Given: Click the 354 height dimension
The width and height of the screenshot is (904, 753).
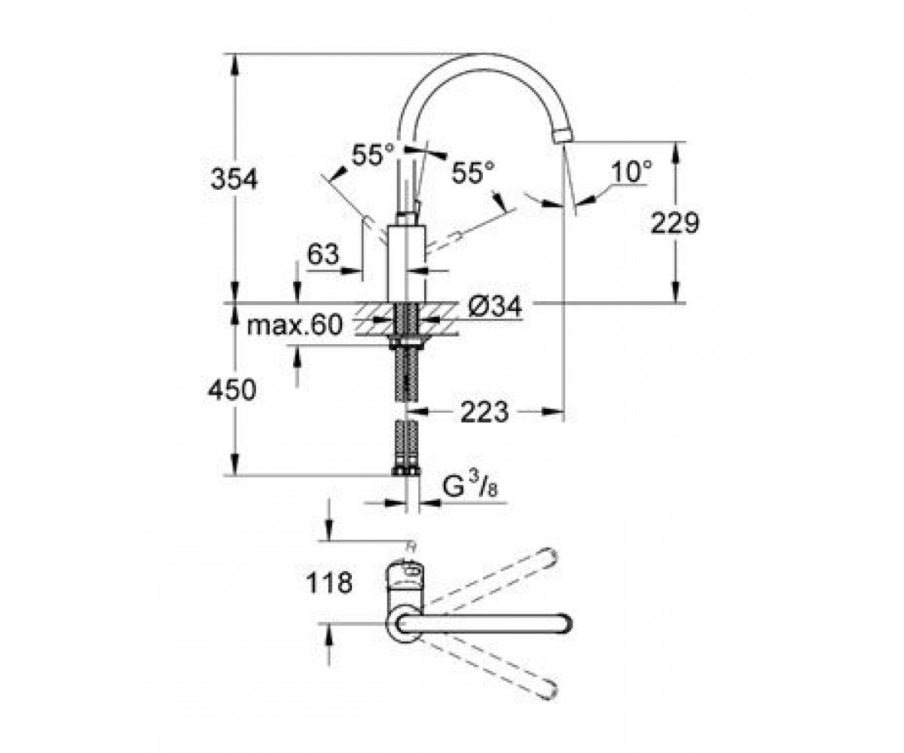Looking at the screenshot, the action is click(x=234, y=179).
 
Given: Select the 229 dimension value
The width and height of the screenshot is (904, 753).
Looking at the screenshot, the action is click(x=675, y=224).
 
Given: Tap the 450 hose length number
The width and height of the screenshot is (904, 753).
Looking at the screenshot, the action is click(x=233, y=390).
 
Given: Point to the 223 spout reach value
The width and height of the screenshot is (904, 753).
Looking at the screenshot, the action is click(x=484, y=412).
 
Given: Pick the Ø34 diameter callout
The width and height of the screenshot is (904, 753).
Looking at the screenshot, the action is click(x=495, y=307).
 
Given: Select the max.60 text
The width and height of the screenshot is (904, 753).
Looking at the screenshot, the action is click(x=295, y=325).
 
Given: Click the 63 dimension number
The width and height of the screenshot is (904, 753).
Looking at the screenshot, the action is click(x=323, y=254).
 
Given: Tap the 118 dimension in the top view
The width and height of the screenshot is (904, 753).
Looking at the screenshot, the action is click(x=329, y=583).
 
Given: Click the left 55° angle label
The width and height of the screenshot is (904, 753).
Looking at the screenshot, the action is click(x=373, y=155).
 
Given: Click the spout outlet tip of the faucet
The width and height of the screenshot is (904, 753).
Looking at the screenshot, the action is click(x=563, y=135).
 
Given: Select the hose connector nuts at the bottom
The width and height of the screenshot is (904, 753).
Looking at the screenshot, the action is click(x=406, y=471).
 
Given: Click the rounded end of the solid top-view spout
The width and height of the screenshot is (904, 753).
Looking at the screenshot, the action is click(x=565, y=624).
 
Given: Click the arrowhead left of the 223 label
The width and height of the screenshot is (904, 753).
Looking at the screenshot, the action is click(x=417, y=412).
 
